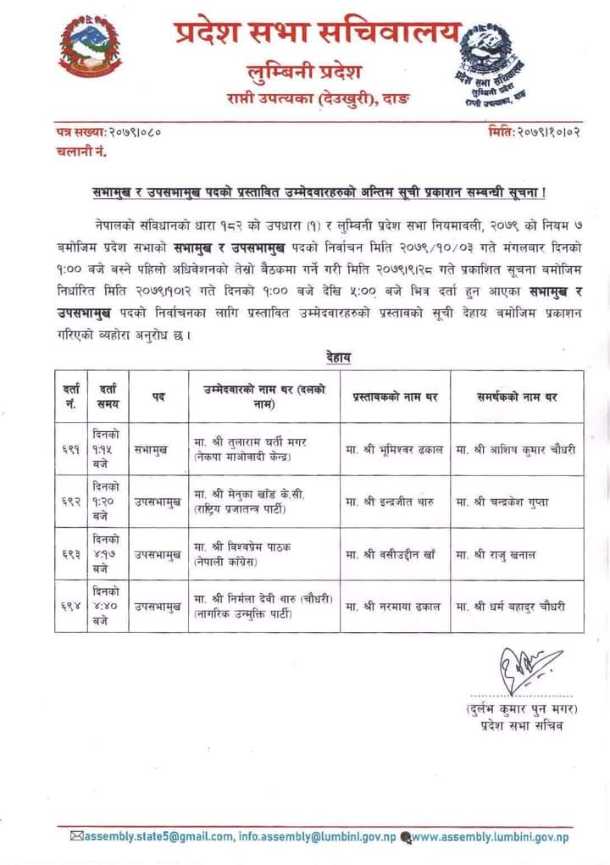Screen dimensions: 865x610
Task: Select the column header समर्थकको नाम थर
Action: pyautogui.click(x=517, y=396)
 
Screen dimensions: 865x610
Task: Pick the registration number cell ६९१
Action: pyautogui.click(x=70, y=449)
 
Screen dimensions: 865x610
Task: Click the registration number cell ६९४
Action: pyautogui.click(x=70, y=606)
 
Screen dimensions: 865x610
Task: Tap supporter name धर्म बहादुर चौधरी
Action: pyautogui.click(x=510, y=606)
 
